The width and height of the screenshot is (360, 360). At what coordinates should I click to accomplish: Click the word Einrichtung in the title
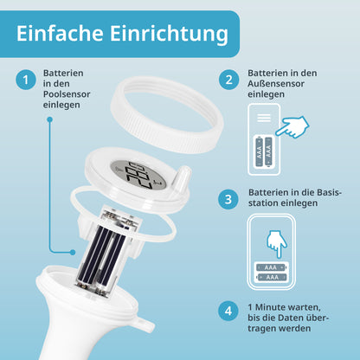click(x=169, y=35)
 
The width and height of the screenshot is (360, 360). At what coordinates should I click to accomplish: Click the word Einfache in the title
click(x=60, y=33)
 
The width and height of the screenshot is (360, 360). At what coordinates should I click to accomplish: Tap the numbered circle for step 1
click(x=26, y=80)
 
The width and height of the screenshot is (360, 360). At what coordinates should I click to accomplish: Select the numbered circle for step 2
click(x=229, y=80)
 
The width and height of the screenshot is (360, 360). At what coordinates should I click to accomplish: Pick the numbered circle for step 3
click(x=228, y=199)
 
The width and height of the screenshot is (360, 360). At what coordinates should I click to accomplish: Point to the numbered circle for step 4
click(x=228, y=311)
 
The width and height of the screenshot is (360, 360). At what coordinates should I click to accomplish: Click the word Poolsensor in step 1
click(x=67, y=94)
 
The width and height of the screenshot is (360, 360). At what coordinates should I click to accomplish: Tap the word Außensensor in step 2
click(x=276, y=84)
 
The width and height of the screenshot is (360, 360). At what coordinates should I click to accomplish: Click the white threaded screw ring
click(x=167, y=114)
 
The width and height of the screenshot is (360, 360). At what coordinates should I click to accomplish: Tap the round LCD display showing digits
click(x=138, y=175)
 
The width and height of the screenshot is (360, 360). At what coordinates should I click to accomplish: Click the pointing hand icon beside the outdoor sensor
click(x=292, y=127)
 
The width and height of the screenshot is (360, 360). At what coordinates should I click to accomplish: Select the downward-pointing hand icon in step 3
click(x=276, y=244)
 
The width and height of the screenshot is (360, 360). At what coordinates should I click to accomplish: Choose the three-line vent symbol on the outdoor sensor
click(x=264, y=118)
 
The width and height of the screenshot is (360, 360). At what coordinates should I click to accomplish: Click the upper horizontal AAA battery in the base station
click(x=272, y=267)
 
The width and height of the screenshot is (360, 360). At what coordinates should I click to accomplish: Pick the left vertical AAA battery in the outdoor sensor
click(x=260, y=151)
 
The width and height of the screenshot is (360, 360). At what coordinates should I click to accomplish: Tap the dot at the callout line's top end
click(x=50, y=119)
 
